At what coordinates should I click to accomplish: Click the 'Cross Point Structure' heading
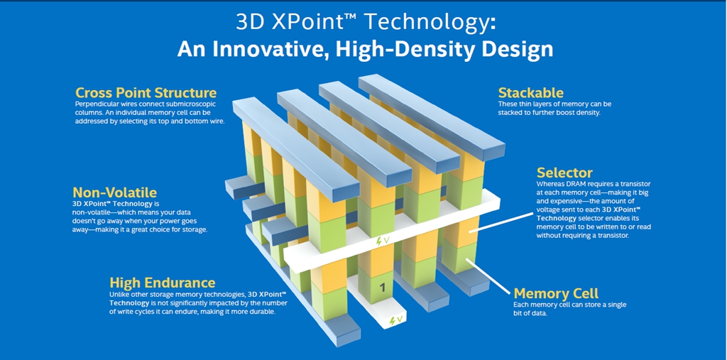pos(146,92)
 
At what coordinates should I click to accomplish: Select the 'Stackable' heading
pos(530,92)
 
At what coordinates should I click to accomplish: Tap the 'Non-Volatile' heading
pos(114,192)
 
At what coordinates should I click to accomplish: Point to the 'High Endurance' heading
pos(163,283)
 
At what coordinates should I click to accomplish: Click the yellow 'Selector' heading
pos(564,173)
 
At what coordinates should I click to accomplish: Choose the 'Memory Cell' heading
pos(556,293)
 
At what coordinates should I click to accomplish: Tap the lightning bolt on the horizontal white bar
pos(378,241)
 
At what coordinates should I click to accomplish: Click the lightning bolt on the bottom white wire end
pos(393,320)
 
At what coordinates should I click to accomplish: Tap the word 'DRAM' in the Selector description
pos(575,184)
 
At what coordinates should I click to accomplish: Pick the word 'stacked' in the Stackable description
pos(509,113)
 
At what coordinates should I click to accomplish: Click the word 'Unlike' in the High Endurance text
pos(119,295)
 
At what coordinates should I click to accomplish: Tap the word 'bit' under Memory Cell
pos(518,314)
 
